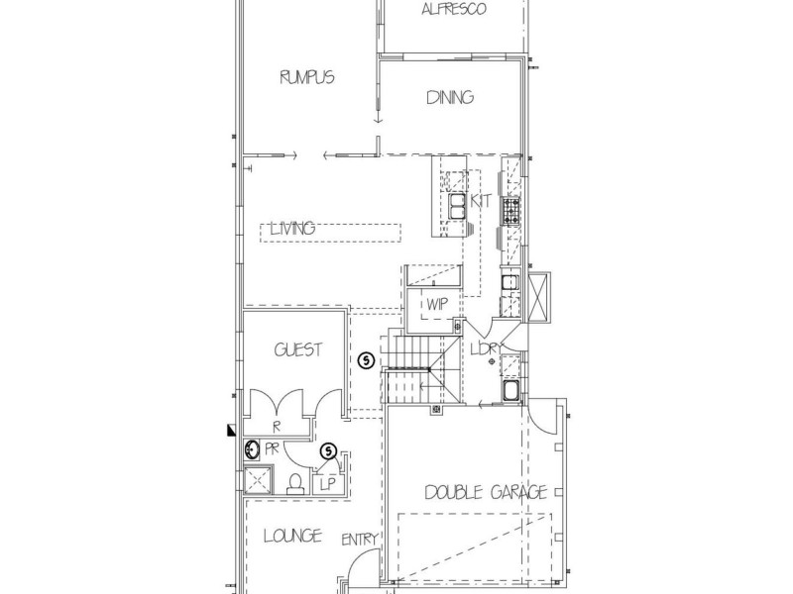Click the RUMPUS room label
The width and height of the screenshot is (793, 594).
click(x=307, y=77)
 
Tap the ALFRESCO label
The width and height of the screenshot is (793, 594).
click(x=454, y=9)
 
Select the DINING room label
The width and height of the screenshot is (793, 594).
click(x=450, y=97)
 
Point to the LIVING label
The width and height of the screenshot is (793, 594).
click(x=293, y=229)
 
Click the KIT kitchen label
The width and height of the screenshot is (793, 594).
click(x=481, y=201)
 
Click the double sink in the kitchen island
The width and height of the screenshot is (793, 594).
click(x=457, y=206)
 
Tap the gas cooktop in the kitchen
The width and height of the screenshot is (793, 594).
click(x=510, y=211)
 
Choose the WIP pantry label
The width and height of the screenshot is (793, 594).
click(x=437, y=305)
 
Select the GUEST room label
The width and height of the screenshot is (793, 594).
click(x=298, y=350)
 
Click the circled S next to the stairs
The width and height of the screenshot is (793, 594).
click(x=366, y=360)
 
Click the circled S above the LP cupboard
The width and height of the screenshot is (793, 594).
click(x=329, y=450)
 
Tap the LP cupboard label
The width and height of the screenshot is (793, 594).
click(x=328, y=485)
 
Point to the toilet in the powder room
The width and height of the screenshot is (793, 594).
click(x=294, y=483)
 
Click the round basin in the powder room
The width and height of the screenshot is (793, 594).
click(x=252, y=449)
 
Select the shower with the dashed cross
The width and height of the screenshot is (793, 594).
click(x=258, y=480)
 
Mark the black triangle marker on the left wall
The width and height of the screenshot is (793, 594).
click(x=232, y=430)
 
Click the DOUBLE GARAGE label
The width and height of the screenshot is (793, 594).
click(x=486, y=492)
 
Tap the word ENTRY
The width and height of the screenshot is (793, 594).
click(x=360, y=540)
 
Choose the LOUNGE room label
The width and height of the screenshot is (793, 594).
click(x=292, y=536)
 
